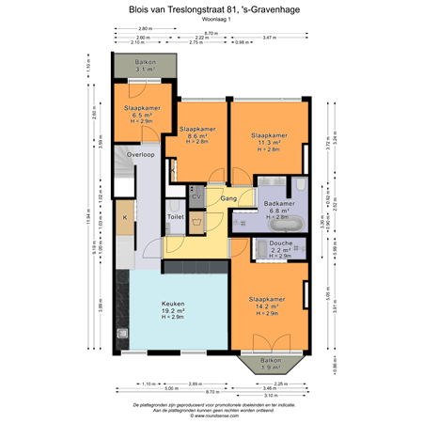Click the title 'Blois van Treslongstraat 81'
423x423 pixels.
(211, 8)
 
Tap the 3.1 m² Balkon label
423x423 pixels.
(144, 66)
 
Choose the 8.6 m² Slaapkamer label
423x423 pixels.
(197, 133)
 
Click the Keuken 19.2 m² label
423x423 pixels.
(171, 309)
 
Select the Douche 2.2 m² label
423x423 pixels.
(281, 248)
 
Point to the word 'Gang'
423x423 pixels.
(227, 199)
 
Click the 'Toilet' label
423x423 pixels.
(176, 217)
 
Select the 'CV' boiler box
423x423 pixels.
(196, 197)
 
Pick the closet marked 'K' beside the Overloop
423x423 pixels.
(124, 218)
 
